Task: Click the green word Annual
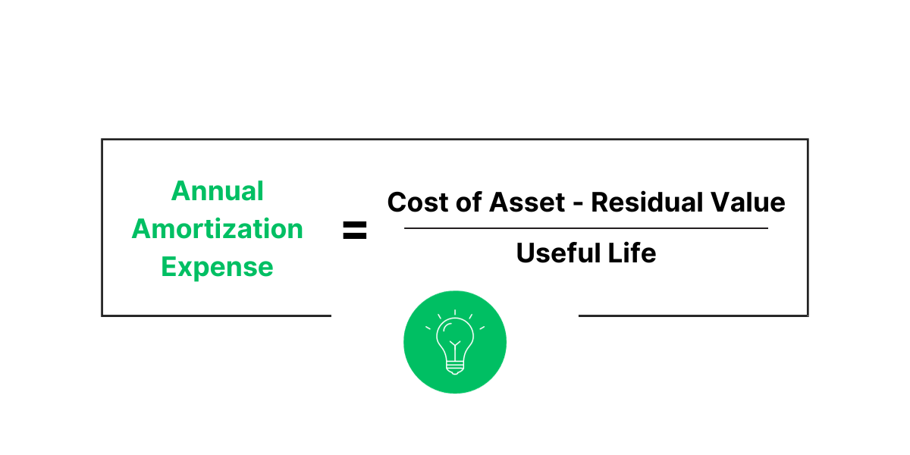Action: pyautogui.click(x=218, y=190)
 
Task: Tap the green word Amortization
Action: pyautogui.click(x=218, y=228)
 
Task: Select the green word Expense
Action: pyautogui.click(x=218, y=267)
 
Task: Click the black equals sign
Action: pyautogui.click(x=354, y=231)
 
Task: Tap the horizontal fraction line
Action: pyautogui.click(x=586, y=227)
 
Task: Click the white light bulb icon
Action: pyautogui.click(x=455, y=343)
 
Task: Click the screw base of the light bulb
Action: pyautogui.click(x=455, y=368)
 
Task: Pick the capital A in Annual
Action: pyautogui.click(x=180, y=190)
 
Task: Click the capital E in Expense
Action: pyautogui.click(x=169, y=267)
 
